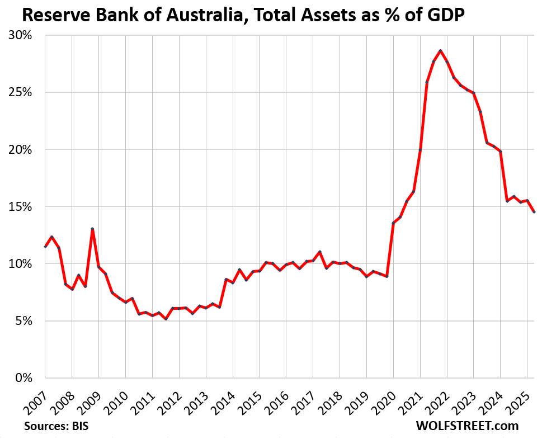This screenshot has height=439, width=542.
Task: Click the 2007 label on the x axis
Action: tap(35, 398)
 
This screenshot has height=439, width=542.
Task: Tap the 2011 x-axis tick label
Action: tap(142, 398)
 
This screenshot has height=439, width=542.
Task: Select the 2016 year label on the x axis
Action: tap(276, 398)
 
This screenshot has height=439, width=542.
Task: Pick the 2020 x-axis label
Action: tap(383, 398)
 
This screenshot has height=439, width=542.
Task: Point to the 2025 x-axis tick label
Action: tap(517, 398)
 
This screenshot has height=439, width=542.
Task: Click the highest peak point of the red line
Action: tap(440, 51)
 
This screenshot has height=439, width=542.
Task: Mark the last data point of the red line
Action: tap(534, 212)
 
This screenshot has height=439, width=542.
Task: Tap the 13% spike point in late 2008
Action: tap(92, 229)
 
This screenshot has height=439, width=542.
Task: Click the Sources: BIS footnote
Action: tap(56, 426)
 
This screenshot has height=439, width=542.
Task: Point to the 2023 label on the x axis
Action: tap(464, 398)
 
